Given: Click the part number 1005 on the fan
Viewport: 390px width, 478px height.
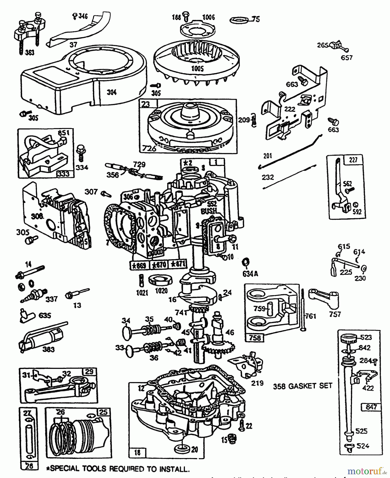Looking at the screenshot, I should [197, 69].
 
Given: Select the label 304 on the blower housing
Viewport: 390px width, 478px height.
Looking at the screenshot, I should [112, 92].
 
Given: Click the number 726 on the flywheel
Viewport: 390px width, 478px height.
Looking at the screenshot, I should [149, 148].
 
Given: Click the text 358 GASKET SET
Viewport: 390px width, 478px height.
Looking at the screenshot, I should [303, 386].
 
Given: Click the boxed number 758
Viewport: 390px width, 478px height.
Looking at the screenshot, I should [255, 338].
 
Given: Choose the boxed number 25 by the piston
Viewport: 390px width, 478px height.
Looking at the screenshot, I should [103, 412].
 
